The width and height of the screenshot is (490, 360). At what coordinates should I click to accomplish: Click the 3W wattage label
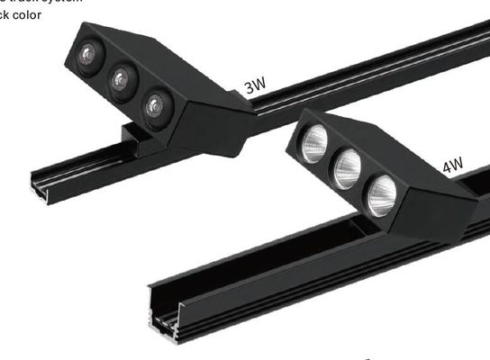[255, 87]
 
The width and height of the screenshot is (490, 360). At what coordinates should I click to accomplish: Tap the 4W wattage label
[452, 166]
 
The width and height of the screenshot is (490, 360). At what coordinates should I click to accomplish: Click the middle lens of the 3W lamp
[122, 81]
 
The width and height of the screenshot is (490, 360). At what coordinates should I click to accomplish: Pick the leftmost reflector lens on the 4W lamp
[313, 144]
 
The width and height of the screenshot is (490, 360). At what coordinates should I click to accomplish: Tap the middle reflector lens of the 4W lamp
[348, 168]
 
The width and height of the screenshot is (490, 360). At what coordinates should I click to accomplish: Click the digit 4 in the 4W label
[446, 167]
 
